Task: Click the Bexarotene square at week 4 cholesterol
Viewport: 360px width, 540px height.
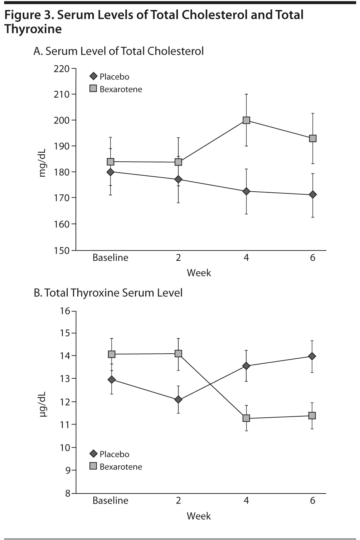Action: pyautogui.click(x=246, y=120)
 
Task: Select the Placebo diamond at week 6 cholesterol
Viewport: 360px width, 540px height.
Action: pyautogui.click(x=313, y=195)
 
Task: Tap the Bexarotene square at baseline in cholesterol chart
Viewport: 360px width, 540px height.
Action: pyautogui.click(x=111, y=162)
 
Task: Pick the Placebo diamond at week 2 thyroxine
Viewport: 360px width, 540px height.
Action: pyautogui.click(x=178, y=399)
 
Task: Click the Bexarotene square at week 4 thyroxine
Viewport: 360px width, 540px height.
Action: pyautogui.click(x=246, y=418)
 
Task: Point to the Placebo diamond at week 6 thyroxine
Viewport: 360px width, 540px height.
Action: pyautogui.click(x=312, y=356)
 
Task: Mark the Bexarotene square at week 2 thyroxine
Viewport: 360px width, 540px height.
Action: pyautogui.click(x=178, y=354)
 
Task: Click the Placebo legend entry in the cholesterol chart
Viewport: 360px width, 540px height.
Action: pyautogui.click(x=110, y=77)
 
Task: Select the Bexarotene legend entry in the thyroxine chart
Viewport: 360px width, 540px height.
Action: pyautogui.click(x=116, y=467)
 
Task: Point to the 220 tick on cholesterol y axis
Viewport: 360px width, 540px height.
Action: pyautogui.click(x=62, y=68)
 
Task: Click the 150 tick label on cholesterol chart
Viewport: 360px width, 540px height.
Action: pyautogui.click(x=62, y=251)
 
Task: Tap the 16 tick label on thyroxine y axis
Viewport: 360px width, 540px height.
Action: pyautogui.click(x=65, y=311)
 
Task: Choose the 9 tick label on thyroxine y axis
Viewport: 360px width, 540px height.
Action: pyautogui.click(x=68, y=471)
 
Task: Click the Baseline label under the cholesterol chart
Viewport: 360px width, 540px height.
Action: pyautogui.click(x=110, y=258)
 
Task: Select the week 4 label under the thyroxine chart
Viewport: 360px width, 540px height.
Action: pyautogui.click(x=246, y=500)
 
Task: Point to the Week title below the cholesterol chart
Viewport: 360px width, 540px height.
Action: pyautogui.click(x=199, y=273)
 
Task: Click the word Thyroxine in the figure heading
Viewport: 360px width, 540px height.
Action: pyautogui.click(x=33, y=29)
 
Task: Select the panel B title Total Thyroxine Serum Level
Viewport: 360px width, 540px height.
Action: pyautogui.click(x=108, y=293)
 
